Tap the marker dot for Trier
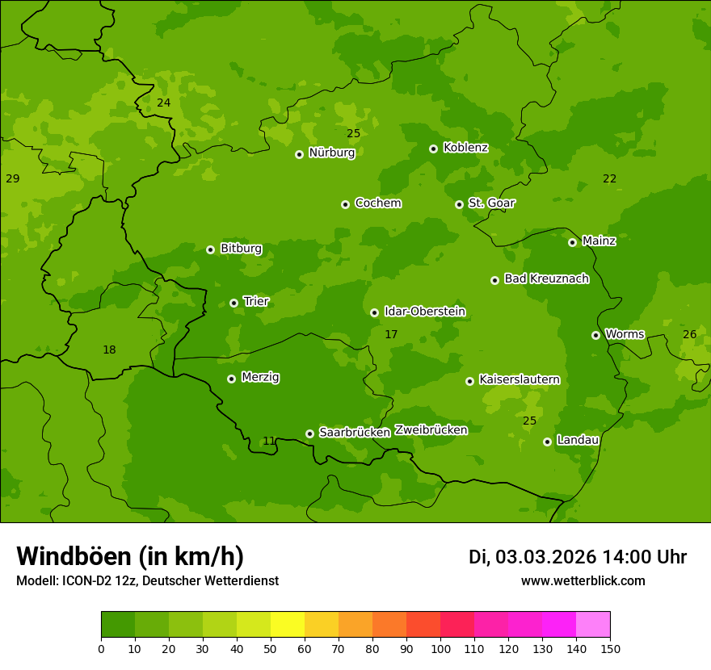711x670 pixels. coord(234,303)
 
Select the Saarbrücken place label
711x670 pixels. coord(355,433)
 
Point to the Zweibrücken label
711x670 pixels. coord(431,430)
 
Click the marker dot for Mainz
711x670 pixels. coord(573,242)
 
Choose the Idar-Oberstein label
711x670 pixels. coord(425,312)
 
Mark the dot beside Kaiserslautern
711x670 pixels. coord(470,381)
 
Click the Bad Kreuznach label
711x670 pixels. coord(546,278)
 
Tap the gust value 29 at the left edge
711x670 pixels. coord(12,178)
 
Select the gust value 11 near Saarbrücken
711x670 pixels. coord(269,441)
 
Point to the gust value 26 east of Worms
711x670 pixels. coord(689,334)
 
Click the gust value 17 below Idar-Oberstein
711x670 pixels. coord(391,334)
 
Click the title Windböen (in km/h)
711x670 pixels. coord(130,556)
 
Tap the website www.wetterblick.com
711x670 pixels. coord(583,580)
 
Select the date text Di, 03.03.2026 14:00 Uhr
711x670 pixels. coord(578,557)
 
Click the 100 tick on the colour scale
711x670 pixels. coord(440,647)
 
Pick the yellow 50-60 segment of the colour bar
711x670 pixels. coord(288,625)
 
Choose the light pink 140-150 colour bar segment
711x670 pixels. coord(593,625)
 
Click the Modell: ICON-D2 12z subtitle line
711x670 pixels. coord(147,580)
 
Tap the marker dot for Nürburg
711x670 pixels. coord(299,154)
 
